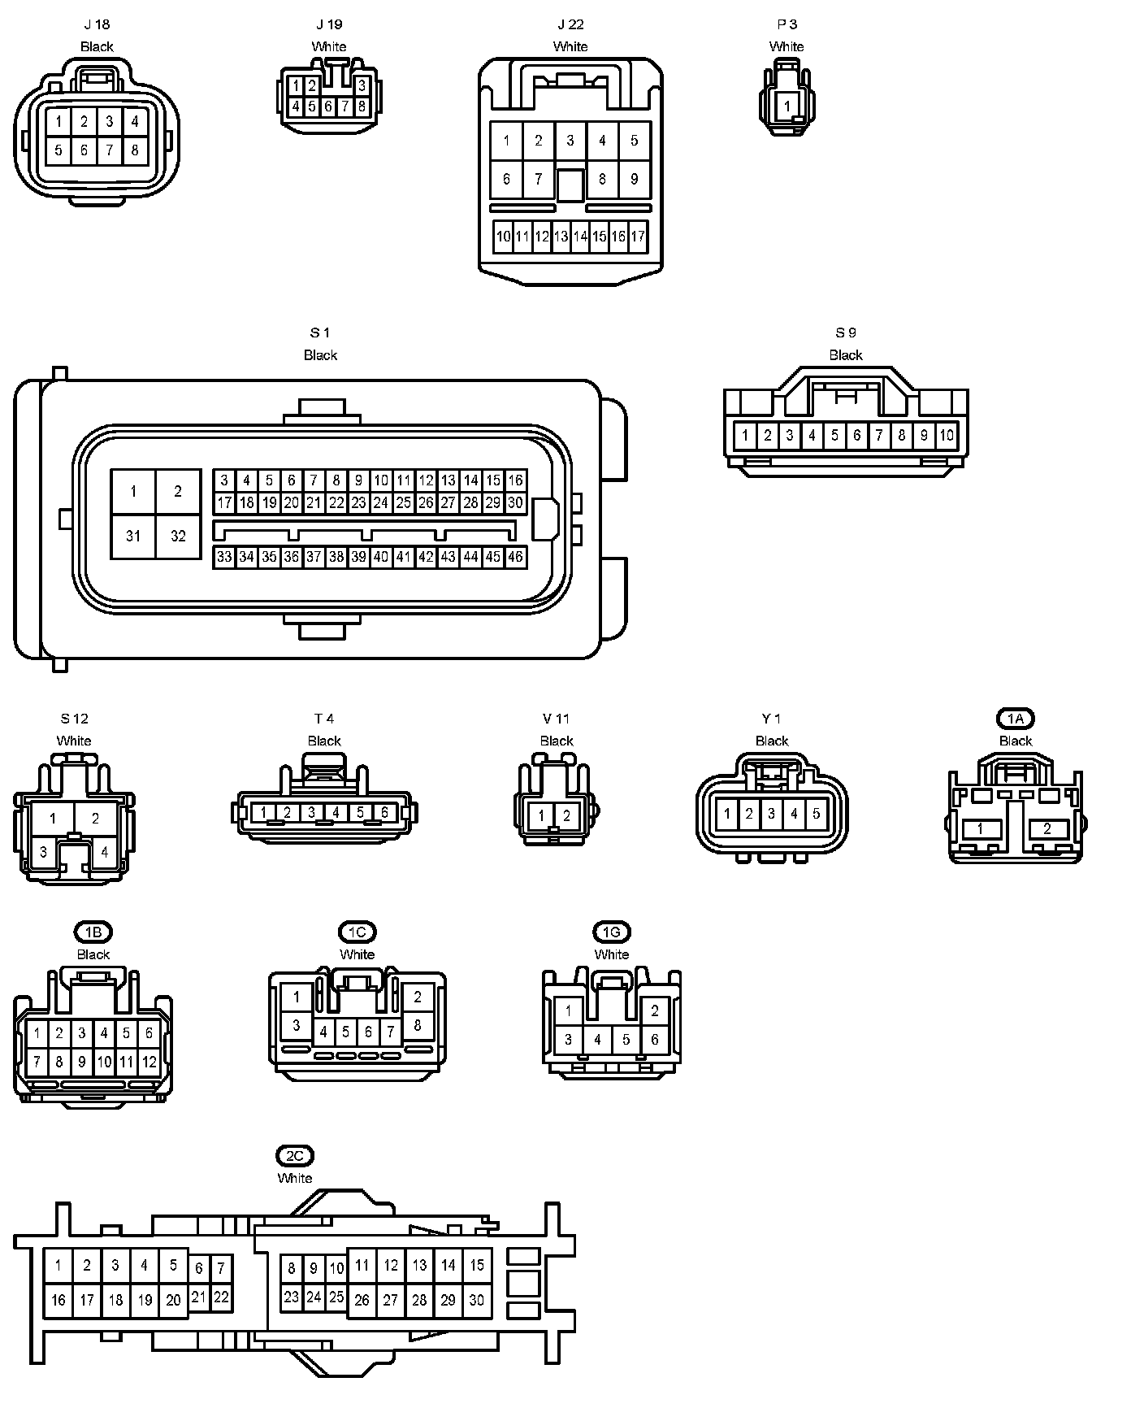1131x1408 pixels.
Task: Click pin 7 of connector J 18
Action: click(110, 150)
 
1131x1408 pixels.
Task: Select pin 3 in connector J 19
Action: click(362, 85)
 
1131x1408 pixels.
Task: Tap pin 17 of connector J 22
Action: click(638, 237)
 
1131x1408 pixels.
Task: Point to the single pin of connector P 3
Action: click(786, 106)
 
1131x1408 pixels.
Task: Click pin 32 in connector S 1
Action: click(178, 536)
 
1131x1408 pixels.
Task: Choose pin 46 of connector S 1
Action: click(515, 557)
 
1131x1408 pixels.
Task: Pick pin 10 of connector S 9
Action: click(947, 435)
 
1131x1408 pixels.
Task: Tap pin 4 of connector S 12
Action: click(104, 853)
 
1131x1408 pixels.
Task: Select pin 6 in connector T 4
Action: click(384, 812)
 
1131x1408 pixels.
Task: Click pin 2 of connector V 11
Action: click(567, 815)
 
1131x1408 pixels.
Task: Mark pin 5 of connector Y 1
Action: click(816, 813)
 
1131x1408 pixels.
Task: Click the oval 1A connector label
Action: click(1015, 719)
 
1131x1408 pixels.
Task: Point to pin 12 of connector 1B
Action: click(149, 1062)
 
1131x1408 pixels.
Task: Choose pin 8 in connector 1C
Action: click(418, 1025)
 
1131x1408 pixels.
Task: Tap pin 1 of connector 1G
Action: click(569, 1012)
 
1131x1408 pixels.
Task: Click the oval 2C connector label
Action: click(294, 1155)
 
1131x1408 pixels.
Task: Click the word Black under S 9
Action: click(845, 355)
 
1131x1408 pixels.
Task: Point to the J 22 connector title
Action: click(570, 25)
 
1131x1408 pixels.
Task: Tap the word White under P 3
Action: click(786, 46)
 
